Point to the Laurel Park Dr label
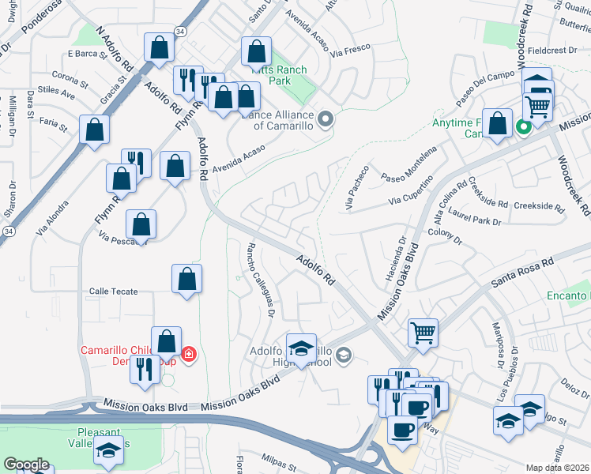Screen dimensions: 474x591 474,217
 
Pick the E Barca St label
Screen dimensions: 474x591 87,54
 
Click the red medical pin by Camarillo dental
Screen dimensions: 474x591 188,354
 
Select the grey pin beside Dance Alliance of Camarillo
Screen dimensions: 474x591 327,120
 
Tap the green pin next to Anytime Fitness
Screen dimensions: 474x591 521,126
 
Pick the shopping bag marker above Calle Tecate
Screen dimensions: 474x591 186,279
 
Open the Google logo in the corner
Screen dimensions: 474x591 26,465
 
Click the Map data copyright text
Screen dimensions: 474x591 558,468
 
